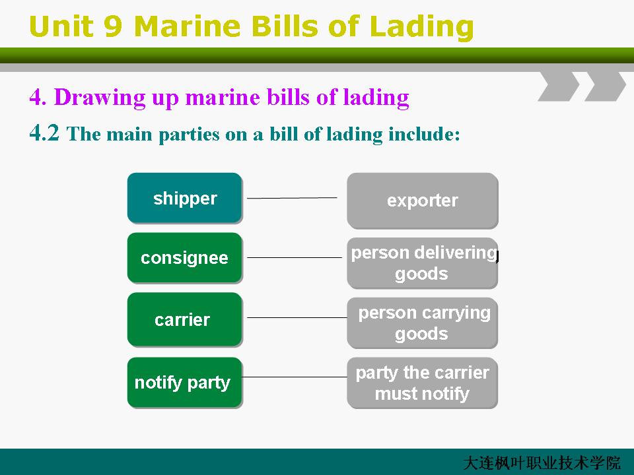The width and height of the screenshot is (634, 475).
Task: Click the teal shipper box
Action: [x=185, y=198]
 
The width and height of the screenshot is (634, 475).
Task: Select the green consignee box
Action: [x=185, y=258]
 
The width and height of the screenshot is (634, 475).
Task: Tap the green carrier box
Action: [x=185, y=319]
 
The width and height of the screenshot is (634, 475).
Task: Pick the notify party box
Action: [x=185, y=383]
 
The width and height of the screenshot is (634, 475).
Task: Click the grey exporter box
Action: [x=423, y=201]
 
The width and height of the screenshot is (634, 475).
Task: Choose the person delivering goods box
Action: [x=423, y=263]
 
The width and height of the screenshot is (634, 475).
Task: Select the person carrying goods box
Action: [x=423, y=323]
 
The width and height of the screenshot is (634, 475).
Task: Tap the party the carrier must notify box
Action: [x=423, y=383]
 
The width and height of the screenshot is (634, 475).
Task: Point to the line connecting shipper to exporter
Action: [x=292, y=198]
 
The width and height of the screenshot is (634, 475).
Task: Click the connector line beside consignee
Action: [x=295, y=257]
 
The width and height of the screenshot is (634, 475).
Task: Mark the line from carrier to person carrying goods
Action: [x=297, y=317]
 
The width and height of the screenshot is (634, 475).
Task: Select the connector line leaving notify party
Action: [x=295, y=377]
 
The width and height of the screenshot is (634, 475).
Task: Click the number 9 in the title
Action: [x=113, y=26]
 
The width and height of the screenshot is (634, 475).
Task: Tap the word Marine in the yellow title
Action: [x=187, y=26]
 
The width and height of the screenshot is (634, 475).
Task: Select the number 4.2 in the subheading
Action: [x=44, y=133]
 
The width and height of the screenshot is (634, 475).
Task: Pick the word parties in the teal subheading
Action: [x=189, y=135]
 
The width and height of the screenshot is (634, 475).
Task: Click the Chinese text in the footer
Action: [x=542, y=463]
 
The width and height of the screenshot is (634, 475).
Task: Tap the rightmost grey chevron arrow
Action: [x=606, y=86]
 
